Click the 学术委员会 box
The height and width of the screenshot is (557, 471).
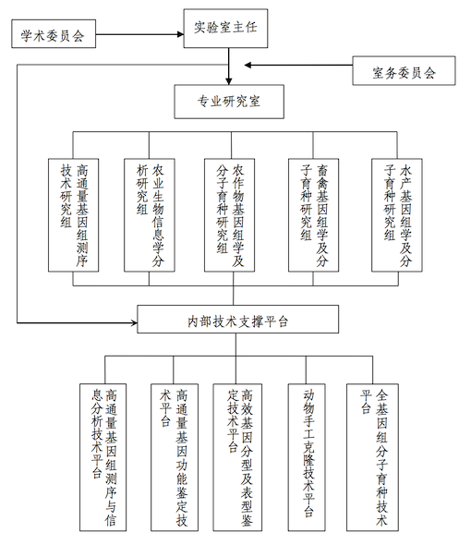54,34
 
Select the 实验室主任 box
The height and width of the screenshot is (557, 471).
225,29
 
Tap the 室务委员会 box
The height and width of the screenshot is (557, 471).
404,71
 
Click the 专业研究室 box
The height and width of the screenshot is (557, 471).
229,102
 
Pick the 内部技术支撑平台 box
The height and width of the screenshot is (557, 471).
238,319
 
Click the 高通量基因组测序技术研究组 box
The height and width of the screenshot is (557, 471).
74,215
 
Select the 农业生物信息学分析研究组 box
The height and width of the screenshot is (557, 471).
150,215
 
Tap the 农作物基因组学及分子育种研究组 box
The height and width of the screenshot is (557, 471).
229,215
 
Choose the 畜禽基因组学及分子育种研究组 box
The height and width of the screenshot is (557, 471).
314,215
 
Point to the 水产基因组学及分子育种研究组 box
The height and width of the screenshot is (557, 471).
397,215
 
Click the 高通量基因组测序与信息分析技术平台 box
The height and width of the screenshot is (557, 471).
103,457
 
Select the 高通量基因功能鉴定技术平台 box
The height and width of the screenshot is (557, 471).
175,457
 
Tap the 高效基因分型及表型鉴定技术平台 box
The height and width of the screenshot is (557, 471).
237,457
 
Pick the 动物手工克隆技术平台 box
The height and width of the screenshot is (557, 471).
307,457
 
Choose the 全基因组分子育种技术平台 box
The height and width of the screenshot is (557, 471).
372,457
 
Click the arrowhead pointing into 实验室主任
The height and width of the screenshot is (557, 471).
180,34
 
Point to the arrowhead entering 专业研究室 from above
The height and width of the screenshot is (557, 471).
229,81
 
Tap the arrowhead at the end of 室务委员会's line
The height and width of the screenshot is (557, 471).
248,65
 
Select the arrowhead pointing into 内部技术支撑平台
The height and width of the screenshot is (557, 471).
134,322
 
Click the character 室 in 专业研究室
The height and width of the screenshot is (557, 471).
255,102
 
